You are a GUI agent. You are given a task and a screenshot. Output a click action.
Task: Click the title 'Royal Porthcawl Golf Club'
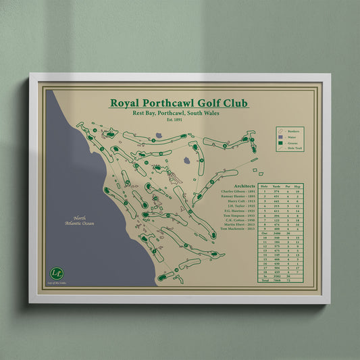coord(179,103)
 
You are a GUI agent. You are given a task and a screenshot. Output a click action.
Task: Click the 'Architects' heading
coord(244,186)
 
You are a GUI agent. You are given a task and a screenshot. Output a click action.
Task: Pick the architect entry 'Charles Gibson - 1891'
coord(238,192)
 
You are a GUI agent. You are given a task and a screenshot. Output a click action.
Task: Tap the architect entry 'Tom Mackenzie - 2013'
coord(238,229)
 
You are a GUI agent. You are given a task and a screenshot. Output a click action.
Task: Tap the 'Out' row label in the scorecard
coord(265,233)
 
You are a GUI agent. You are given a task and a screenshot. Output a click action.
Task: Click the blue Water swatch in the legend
coord(280,136)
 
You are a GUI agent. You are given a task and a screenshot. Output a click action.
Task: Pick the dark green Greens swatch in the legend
coord(280,143)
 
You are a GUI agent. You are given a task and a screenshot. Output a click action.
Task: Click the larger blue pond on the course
coord(186,161)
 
